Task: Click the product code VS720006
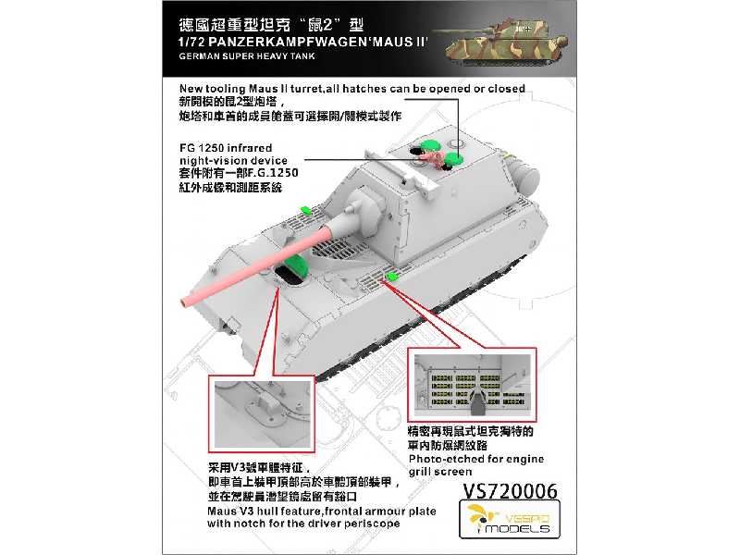click(510, 491)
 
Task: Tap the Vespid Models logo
click(510, 519)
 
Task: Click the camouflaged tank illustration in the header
click(500, 42)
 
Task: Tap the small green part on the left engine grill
click(305, 210)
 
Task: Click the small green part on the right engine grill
click(390, 277)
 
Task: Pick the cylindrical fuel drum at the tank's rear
click(524, 177)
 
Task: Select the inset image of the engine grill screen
click(472, 385)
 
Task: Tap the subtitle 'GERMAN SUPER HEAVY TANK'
click(247, 56)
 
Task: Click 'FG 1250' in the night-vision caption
click(202, 148)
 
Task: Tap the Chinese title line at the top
click(271, 25)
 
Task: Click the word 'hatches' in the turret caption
click(365, 89)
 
